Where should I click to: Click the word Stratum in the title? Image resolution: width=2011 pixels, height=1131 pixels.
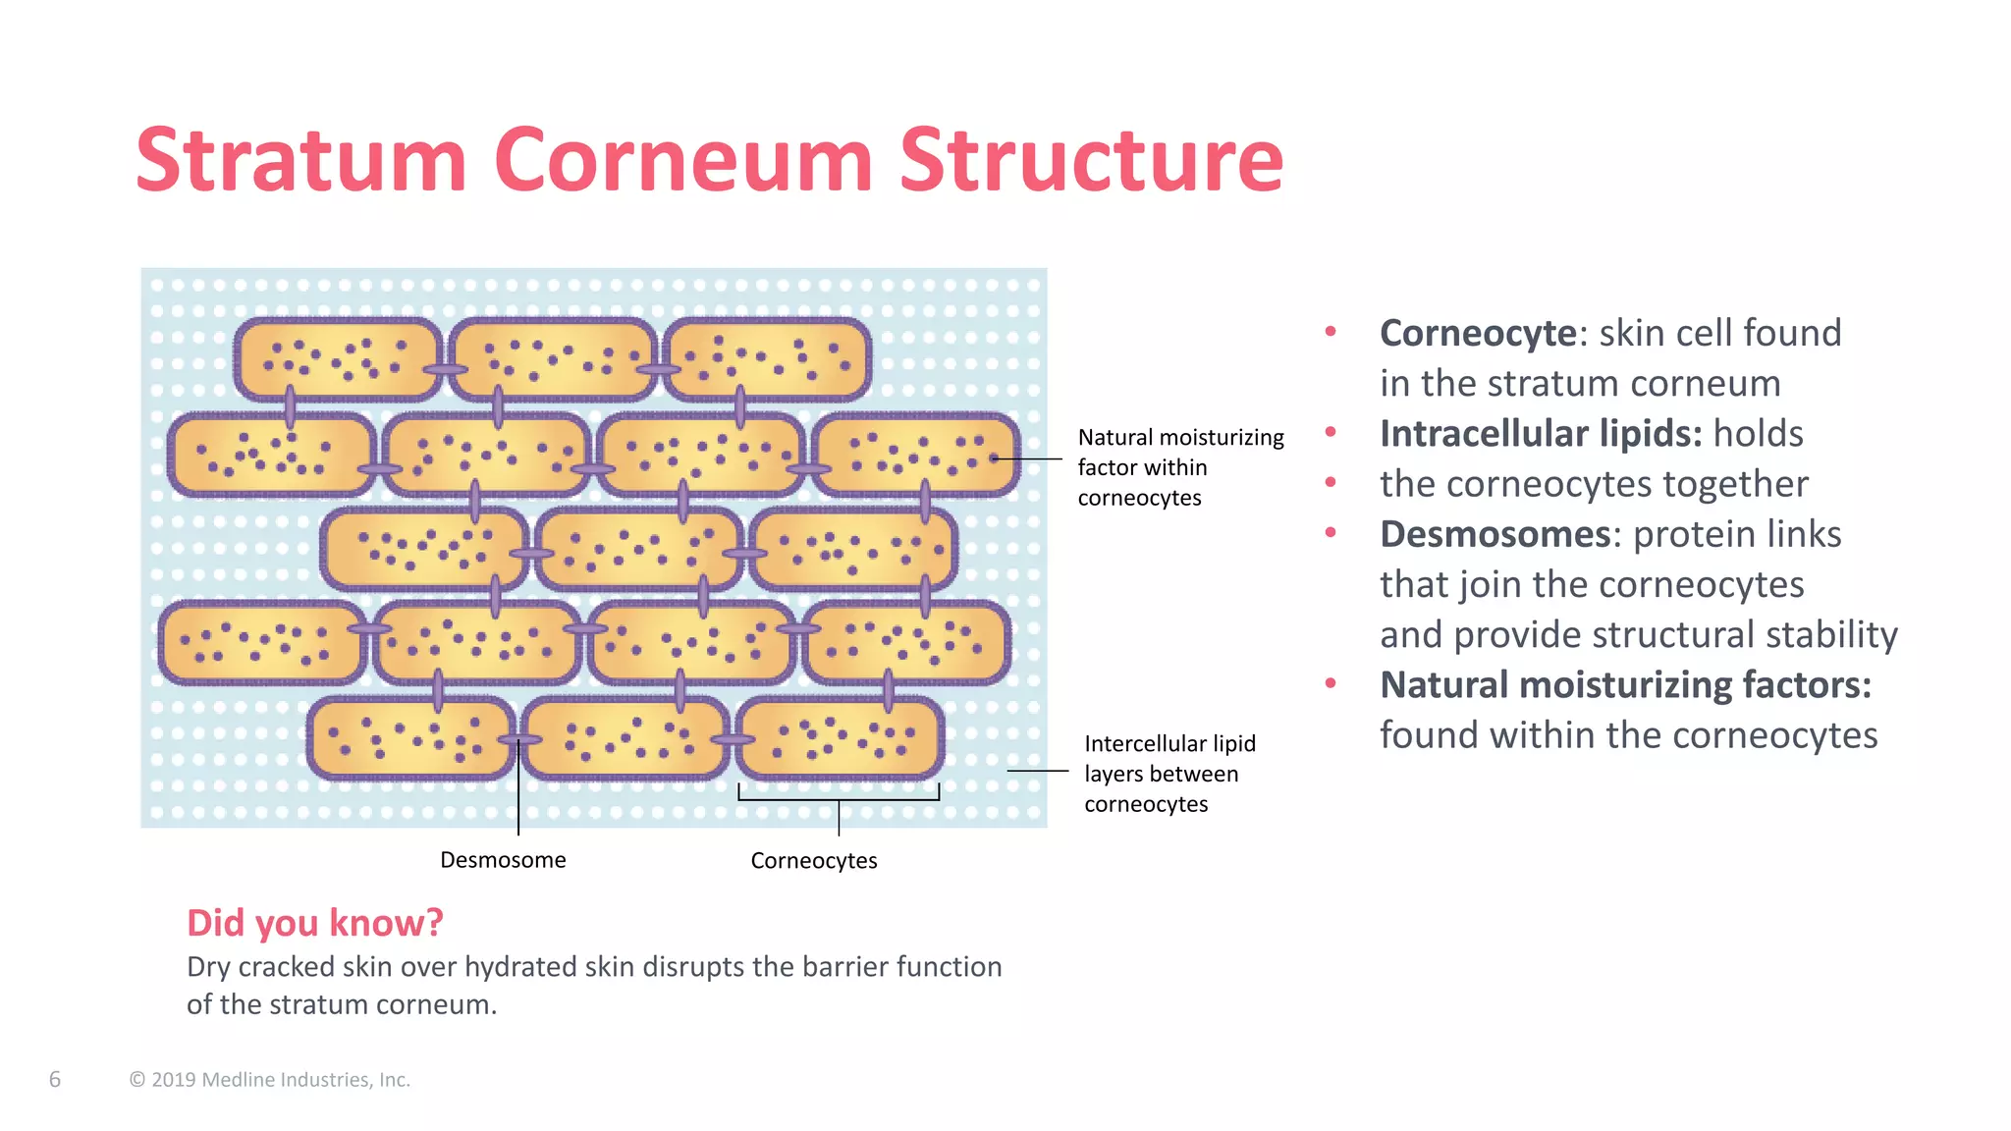point(300,160)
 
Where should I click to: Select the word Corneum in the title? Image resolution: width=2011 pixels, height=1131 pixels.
point(682,160)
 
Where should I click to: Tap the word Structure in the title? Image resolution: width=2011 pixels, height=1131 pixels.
point(1091,160)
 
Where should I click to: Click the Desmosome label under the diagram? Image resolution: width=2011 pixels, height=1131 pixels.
point(503,860)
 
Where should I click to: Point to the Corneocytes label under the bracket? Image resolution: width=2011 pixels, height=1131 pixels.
point(814,861)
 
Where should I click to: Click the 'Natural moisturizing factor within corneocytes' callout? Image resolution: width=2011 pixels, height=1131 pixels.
point(1180,467)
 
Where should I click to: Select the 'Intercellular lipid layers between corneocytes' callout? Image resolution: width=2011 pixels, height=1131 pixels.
point(1169,774)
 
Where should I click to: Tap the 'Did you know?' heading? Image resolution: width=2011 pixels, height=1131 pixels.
point(315,923)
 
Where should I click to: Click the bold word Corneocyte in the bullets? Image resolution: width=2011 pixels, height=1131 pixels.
point(1478,334)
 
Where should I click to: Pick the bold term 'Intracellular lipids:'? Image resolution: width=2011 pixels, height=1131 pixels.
point(1541,434)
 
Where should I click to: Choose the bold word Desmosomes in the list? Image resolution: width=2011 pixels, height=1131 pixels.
point(1495,535)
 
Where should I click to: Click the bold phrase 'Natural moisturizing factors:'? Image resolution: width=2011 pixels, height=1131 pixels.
point(1625,685)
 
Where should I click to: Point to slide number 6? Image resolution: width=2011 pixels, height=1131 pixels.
point(55,1080)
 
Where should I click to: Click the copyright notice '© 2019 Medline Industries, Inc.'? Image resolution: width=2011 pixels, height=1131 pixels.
point(270,1080)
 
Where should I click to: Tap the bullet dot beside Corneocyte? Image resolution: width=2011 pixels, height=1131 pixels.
point(1331,332)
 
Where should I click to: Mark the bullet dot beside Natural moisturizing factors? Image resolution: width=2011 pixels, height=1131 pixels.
point(1331,683)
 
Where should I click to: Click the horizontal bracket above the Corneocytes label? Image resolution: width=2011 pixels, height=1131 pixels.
point(839,799)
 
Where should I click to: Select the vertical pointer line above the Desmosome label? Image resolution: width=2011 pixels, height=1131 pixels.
point(518,795)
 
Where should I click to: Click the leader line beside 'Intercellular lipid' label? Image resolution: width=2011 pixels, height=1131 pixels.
point(1037,772)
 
